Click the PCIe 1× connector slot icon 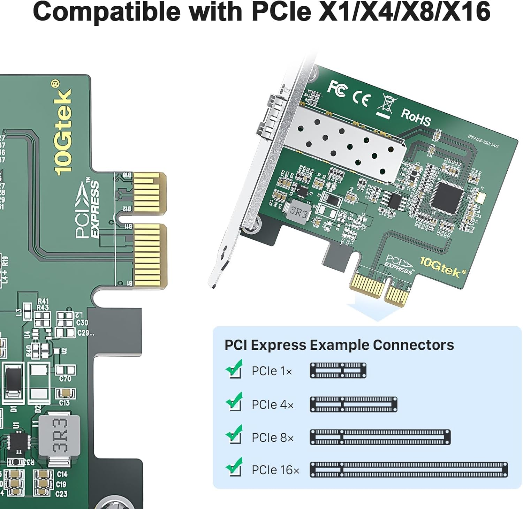click(x=338, y=370)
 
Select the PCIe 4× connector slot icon click(x=353, y=404)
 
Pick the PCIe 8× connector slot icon click(x=380, y=437)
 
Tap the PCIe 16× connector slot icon click(x=409, y=470)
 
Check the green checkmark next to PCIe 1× click(x=234, y=368)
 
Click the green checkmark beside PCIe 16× click(x=234, y=466)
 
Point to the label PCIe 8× click(x=273, y=438)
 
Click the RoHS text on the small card click(x=416, y=117)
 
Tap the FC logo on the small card click(x=337, y=88)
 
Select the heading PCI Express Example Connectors click(x=339, y=345)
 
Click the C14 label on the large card click(x=62, y=474)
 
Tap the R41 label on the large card click(x=43, y=301)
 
